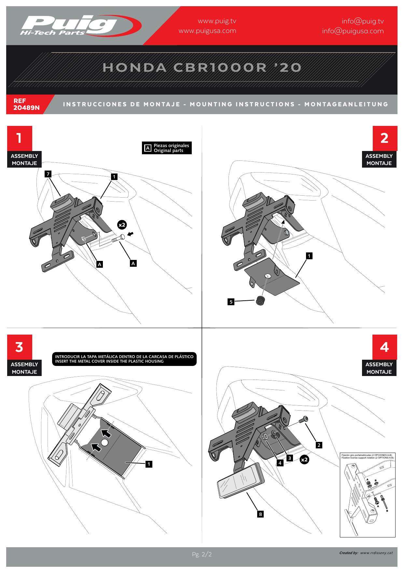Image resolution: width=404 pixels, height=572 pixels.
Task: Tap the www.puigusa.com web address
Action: pos(207,31)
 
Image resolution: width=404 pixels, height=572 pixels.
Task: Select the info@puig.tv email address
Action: pos(363,21)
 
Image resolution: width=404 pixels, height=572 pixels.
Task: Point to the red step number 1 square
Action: pos(20,138)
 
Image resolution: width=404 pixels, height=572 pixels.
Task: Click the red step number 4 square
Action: pos(384,347)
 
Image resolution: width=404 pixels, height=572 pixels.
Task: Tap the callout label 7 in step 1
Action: pos(48,174)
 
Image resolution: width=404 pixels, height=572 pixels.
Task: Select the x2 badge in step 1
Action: pos(122,225)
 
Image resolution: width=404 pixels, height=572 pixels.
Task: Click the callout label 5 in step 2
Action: pos(231,302)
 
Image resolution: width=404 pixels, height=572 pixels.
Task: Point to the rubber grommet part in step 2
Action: pos(260,301)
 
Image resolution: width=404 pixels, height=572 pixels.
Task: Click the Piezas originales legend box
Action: pos(167,148)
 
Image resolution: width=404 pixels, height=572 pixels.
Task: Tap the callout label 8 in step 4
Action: pos(260,514)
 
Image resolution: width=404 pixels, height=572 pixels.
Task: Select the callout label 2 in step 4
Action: pos(319,445)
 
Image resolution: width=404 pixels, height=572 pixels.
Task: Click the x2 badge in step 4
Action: pos(304,459)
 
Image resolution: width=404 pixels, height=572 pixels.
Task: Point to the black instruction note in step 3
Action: pos(124,359)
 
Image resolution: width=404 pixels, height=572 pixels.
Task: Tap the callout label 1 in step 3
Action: pos(149,464)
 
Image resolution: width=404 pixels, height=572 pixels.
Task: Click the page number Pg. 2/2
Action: pos(202,554)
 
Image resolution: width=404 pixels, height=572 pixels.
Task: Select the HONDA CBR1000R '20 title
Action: pos(202,67)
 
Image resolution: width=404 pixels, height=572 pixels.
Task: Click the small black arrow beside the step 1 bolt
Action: pos(131,234)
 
